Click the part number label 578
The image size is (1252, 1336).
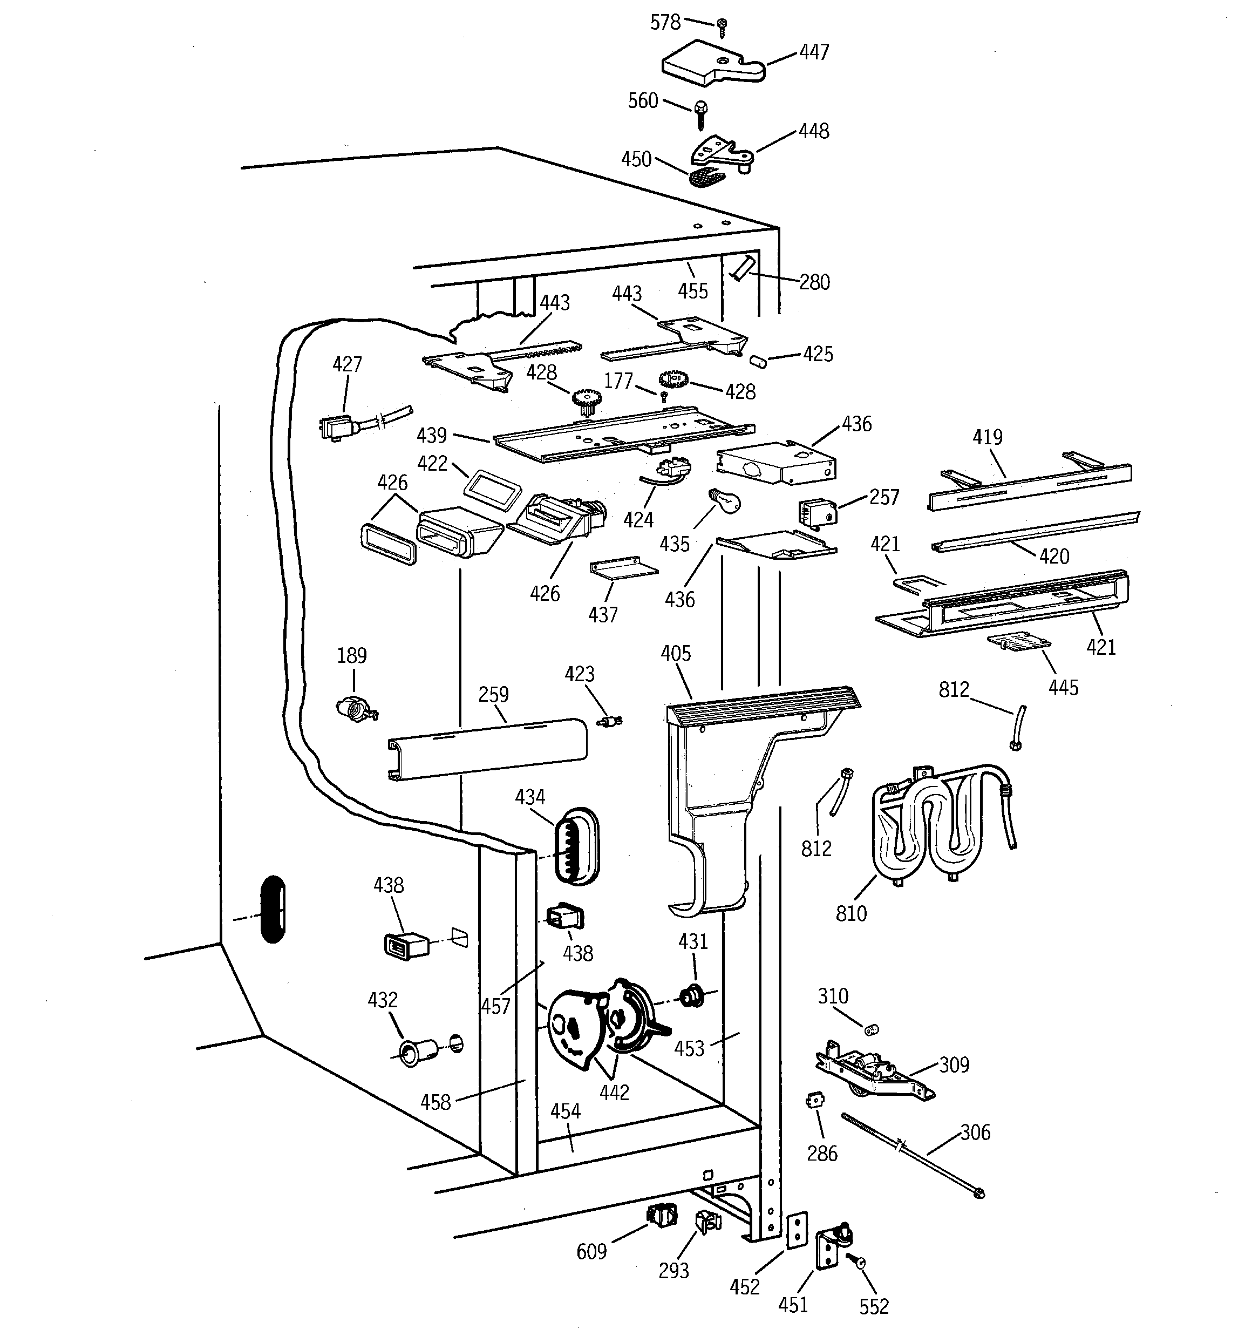(665, 23)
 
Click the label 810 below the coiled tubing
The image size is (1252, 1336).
(851, 913)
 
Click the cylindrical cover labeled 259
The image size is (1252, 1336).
(487, 749)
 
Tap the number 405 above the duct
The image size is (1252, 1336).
(676, 653)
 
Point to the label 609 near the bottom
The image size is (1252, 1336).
(591, 1251)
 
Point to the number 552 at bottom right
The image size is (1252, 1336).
(874, 1306)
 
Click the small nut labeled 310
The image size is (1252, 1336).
(872, 1029)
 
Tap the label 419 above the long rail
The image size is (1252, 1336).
(987, 437)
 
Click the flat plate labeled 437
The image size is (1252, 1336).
(623, 568)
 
